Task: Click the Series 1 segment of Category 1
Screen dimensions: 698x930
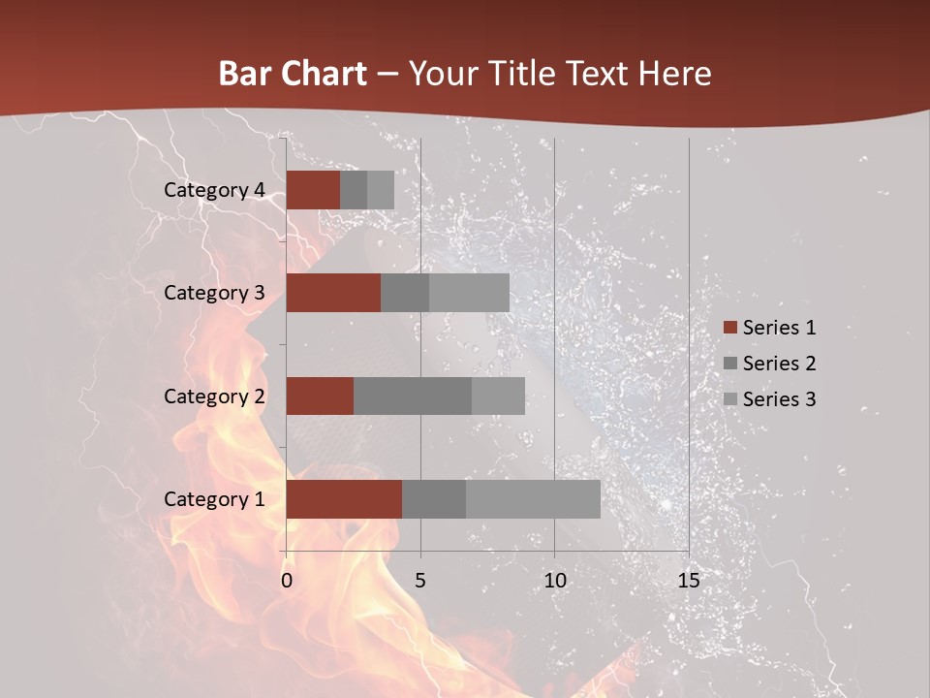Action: tap(344, 499)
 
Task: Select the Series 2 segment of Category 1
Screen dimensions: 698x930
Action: tap(434, 499)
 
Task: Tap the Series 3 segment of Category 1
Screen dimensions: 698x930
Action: tap(533, 499)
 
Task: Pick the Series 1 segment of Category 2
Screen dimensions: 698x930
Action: tap(320, 396)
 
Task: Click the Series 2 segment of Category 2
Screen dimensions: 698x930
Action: tap(413, 396)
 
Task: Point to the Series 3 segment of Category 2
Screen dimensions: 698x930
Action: tap(498, 396)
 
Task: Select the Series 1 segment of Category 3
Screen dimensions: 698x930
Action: tap(333, 293)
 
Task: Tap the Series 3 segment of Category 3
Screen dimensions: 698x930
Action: tap(469, 293)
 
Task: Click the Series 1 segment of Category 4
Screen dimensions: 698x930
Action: tap(313, 190)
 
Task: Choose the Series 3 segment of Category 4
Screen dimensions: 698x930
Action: tap(381, 190)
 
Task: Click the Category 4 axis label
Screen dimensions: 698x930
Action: tap(214, 190)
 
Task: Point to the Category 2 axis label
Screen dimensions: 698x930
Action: tap(214, 396)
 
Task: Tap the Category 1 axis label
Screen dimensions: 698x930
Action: tap(214, 499)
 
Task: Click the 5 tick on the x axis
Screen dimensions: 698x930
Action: tap(420, 581)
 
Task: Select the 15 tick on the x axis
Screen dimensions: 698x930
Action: tap(688, 581)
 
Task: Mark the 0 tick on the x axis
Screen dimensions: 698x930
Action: tap(287, 581)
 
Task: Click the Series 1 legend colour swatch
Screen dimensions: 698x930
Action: tap(729, 328)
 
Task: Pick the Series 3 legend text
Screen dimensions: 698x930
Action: tap(780, 399)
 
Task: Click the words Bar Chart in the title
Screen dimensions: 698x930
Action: tap(293, 74)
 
